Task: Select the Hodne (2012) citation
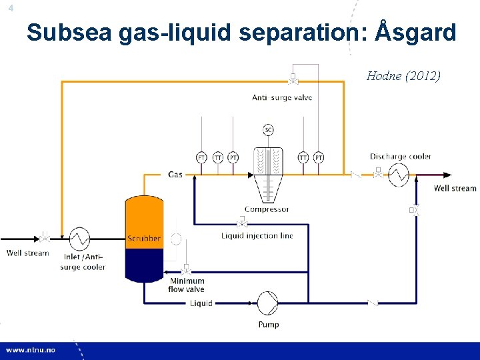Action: click(x=403, y=75)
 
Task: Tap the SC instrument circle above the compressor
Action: click(x=268, y=129)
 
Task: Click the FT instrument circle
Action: click(x=202, y=157)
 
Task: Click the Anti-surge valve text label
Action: click(x=282, y=98)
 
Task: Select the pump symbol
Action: click(x=268, y=303)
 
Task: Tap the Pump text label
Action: click(x=268, y=325)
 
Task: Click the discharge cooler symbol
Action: click(x=399, y=175)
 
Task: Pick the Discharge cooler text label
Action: click(x=401, y=157)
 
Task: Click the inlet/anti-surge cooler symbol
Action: click(x=80, y=238)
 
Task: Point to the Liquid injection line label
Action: click(x=257, y=235)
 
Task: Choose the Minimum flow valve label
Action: click(x=187, y=285)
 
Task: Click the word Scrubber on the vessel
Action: click(x=143, y=238)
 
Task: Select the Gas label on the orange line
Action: click(x=175, y=175)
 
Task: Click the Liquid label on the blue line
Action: click(x=201, y=303)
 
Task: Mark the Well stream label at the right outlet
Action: click(x=455, y=189)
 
